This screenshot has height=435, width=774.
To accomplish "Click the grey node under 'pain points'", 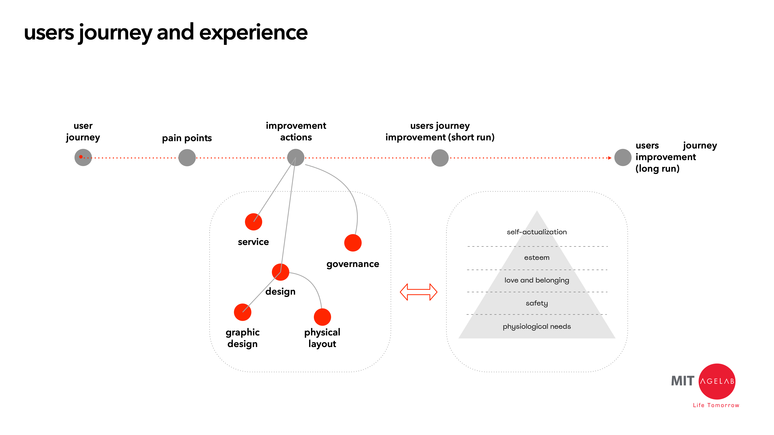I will (x=187, y=158).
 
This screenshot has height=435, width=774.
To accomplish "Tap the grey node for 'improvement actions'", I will (x=296, y=157).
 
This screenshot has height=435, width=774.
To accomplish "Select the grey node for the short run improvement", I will (x=440, y=158).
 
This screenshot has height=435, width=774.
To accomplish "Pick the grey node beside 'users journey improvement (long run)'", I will (x=622, y=158).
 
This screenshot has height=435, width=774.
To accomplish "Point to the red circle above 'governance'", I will (x=353, y=243).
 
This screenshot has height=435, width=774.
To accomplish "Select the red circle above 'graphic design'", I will (x=242, y=312).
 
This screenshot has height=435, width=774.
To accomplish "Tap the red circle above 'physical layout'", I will (x=322, y=317).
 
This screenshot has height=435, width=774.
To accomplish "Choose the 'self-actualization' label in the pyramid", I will (x=537, y=232).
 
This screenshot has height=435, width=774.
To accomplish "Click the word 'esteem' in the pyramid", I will (x=537, y=258).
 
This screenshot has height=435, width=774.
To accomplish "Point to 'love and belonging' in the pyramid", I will (x=537, y=280).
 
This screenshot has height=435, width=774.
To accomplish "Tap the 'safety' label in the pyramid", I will (x=537, y=303).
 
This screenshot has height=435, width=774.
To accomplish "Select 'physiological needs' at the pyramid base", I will (x=537, y=326).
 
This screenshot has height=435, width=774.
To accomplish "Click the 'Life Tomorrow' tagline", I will (x=716, y=405).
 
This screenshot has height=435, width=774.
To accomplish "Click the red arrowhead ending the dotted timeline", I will (x=610, y=158).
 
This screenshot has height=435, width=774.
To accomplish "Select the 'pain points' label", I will (x=187, y=138).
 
